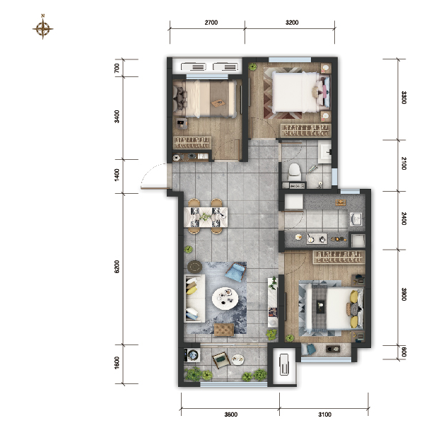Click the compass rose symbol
click(42, 28)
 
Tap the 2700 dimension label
click(211, 23)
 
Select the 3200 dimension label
click(292, 23)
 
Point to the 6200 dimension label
click(117, 266)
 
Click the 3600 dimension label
click(231, 415)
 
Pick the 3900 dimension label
click(404, 294)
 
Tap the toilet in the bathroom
click(294, 172)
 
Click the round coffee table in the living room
click(225, 299)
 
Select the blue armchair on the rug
click(235, 272)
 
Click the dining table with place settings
click(206, 216)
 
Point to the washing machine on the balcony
click(192, 355)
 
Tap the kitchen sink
click(356, 219)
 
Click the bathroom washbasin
click(325, 153)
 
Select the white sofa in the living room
click(194, 299)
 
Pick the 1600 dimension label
click(117, 363)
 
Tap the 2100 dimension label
click(404, 163)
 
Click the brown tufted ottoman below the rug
click(224, 330)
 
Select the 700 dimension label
click(117, 68)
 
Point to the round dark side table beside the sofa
click(194, 267)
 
